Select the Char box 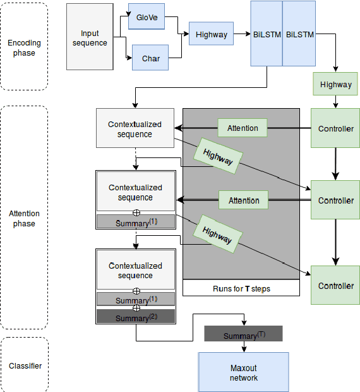pos(150,58)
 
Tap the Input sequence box pos(93,38)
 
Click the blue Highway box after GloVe pos(211,34)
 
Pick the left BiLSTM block pos(266,34)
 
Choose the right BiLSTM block pos(299,34)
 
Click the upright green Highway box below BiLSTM pos(335,84)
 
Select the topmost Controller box pos(335,129)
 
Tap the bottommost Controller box pos(335,286)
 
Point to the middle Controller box pos(335,200)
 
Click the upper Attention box pos(243,128)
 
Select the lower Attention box pos(243,200)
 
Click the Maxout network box pos(243,372)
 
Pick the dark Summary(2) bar pos(135,317)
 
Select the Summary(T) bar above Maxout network pos(243,334)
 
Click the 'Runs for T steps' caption pos(241,289)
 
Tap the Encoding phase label pos(24,47)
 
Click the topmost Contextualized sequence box pos(135,129)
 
